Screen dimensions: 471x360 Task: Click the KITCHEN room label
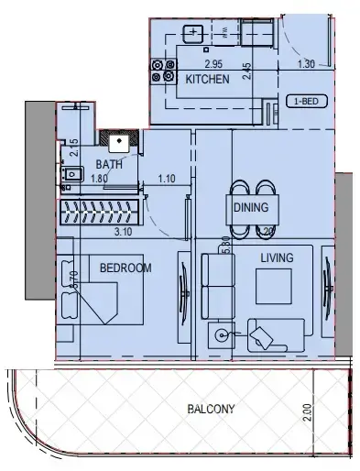207,81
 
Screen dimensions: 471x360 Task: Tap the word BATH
108,165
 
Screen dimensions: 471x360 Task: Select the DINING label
250,208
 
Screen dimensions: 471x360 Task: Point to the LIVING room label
276,258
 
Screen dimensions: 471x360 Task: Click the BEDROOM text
125,268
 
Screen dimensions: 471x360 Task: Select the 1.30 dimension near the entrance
308,64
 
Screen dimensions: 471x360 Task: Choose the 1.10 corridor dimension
166,179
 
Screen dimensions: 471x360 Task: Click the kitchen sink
194,34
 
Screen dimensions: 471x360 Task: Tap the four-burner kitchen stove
164,71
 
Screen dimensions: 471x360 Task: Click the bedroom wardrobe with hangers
100,213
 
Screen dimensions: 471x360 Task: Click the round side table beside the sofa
223,335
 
